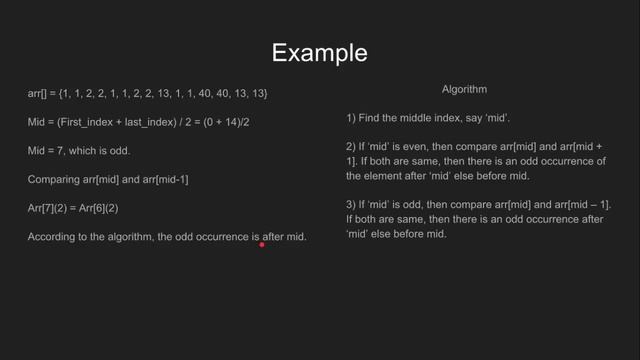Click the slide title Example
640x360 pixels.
(x=319, y=52)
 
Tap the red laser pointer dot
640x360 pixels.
(x=262, y=243)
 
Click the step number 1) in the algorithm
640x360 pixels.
(x=351, y=119)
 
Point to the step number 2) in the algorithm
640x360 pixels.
(x=351, y=147)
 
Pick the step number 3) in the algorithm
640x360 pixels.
(x=351, y=204)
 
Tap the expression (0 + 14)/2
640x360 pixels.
(x=196, y=122)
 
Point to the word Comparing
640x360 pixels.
(x=52, y=180)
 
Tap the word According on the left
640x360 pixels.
(x=54, y=237)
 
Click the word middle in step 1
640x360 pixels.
(x=417, y=119)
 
